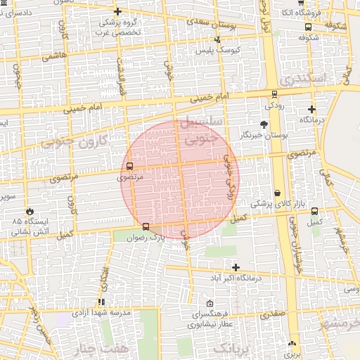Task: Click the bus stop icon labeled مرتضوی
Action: point(129,167)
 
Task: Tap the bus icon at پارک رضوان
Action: point(146,226)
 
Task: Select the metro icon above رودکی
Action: point(274,94)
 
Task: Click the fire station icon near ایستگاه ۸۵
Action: point(30,211)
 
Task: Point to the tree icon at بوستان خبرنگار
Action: point(264,124)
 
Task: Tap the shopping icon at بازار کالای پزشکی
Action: point(278,193)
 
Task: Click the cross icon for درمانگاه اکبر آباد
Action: point(236,267)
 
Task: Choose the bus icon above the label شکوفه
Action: point(309,27)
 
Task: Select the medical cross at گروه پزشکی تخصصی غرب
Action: point(117,11)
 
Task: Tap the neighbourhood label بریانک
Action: point(231,349)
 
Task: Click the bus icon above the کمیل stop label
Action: point(314,211)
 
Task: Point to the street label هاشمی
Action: point(56,55)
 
